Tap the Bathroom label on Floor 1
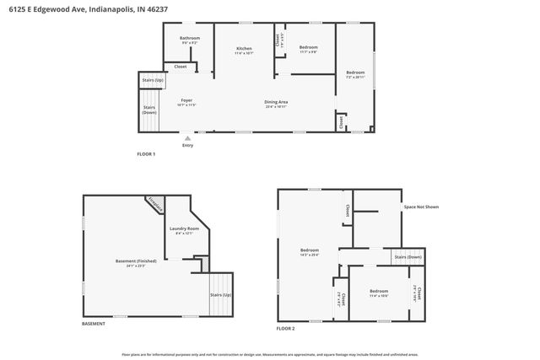[x=189, y=39]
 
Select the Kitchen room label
[x=244, y=51]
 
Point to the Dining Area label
[x=277, y=103]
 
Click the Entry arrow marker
[x=187, y=137]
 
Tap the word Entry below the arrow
[x=187, y=145]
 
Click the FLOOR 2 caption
[x=286, y=327]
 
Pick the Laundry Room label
[x=184, y=229]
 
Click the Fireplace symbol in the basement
[x=154, y=203]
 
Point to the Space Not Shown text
[x=421, y=207]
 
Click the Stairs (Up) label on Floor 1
[x=151, y=80]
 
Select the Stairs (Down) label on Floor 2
[x=408, y=256]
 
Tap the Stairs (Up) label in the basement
[x=221, y=295]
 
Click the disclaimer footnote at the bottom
[x=270, y=354]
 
